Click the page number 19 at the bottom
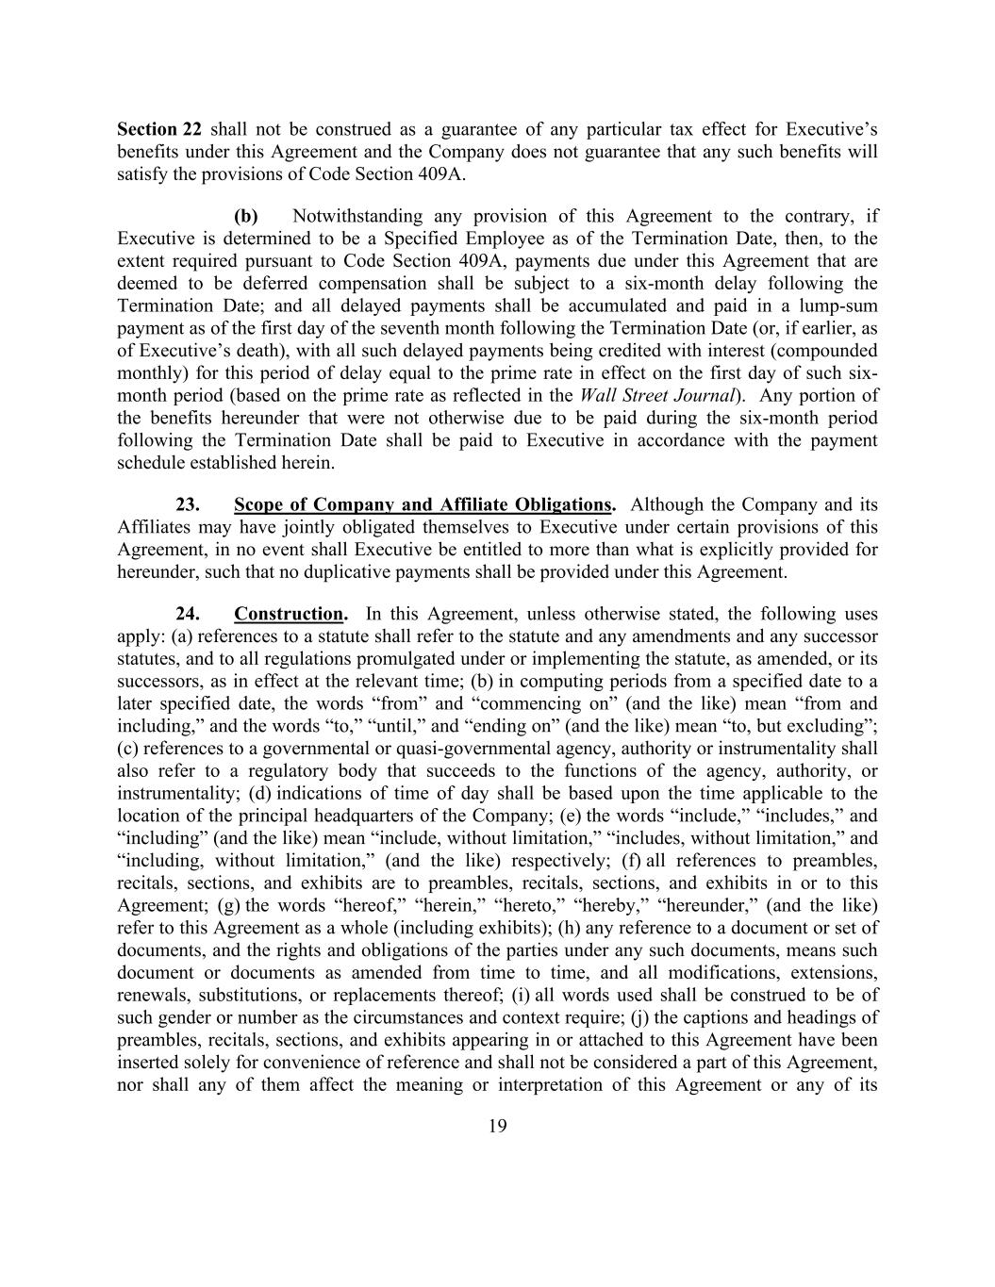[498, 1125]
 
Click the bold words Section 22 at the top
[159, 129]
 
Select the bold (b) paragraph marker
[246, 216]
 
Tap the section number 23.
[188, 504]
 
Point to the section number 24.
[188, 614]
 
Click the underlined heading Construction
[290, 614]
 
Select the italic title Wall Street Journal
[656, 395]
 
